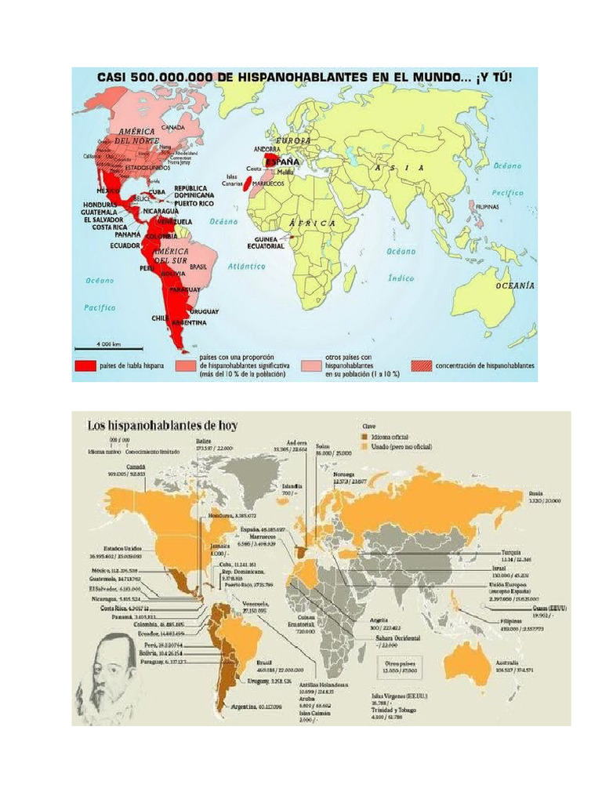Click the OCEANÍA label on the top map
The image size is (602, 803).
pyautogui.click(x=515, y=286)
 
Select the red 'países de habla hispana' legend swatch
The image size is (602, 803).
pyautogui.click(x=85, y=365)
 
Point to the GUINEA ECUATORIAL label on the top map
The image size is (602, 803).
pyautogui.click(x=270, y=242)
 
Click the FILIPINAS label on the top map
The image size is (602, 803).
pyautogui.click(x=489, y=207)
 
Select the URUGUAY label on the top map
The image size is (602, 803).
pyautogui.click(x=203, y=311)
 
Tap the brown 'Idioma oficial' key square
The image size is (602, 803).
pyautogui.click(x=363, y=437)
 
